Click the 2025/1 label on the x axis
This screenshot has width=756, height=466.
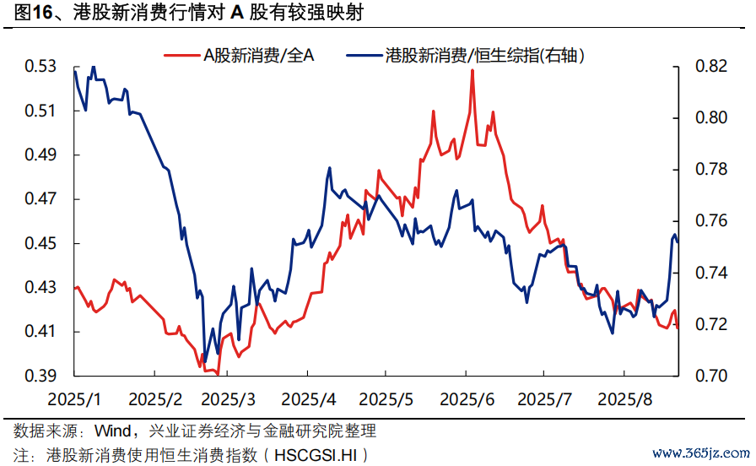point(75,398)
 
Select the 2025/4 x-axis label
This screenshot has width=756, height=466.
point(309,398)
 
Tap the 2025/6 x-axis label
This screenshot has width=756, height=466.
point(467,398)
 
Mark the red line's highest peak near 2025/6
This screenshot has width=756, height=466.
point(472,70)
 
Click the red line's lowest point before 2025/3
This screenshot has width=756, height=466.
point(217,373)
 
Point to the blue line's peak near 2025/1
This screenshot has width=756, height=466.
point(93,67)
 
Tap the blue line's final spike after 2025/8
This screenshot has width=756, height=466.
point(674,235)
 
